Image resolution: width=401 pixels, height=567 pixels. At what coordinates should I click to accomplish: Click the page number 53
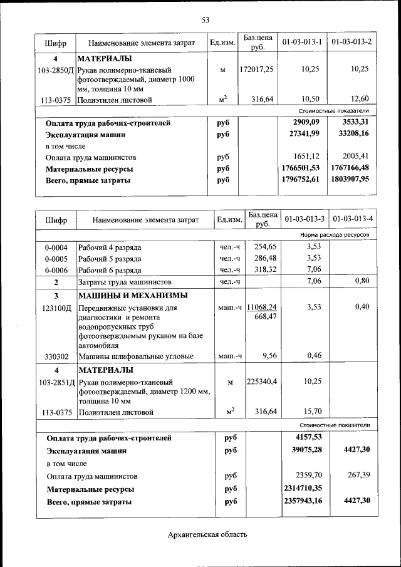pos(205,20)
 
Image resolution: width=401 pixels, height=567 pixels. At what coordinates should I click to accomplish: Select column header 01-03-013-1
pos(303,42)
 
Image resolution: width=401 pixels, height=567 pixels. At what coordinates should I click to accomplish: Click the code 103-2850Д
pos(56,70)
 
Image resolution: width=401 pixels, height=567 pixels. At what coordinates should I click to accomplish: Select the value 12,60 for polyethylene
pos(360,99)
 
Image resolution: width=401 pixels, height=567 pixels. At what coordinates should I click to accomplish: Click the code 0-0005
pos(56,259)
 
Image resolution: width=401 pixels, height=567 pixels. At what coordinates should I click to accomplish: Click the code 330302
pos(56,356)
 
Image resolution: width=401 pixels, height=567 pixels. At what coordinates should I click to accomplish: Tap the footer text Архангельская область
pos(207,534)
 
